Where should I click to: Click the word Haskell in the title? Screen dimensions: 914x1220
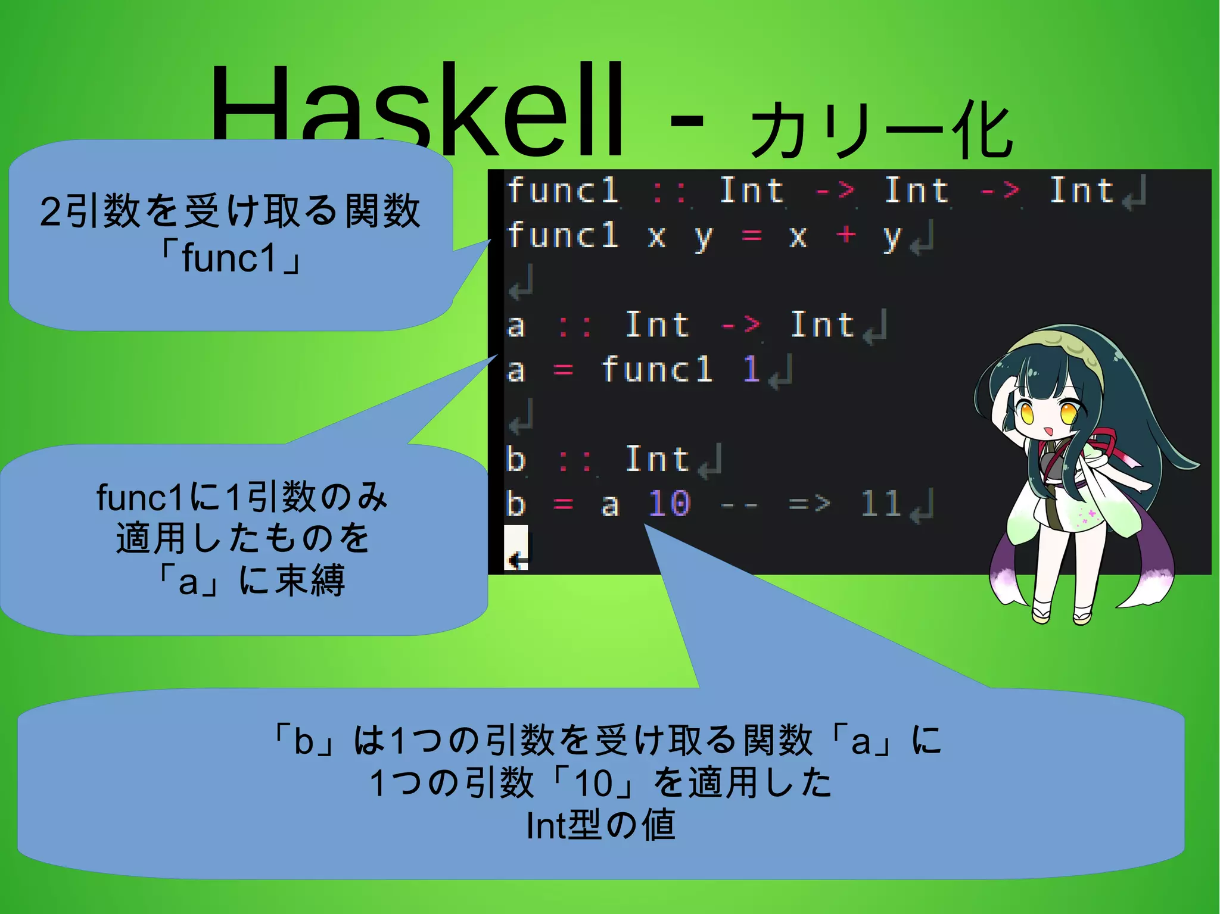click(417, 110)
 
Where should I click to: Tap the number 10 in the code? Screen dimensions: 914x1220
click(669, 504)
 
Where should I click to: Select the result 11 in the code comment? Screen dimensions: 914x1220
click(880, 504)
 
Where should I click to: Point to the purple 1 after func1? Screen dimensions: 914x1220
click(751, 369)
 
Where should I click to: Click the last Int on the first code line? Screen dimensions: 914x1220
click(1081, 191)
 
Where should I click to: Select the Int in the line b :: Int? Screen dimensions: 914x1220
click(657, 459)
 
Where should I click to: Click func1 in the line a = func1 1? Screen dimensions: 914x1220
click(656, 369)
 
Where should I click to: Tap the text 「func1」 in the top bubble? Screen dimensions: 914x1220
click(231, 258)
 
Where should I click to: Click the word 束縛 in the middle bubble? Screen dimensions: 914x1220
click(310, 581)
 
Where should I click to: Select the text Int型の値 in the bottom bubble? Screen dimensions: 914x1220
click(600, 826)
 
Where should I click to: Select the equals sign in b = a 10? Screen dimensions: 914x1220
click(562, 505)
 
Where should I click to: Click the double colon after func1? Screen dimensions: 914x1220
click(669, 192)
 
